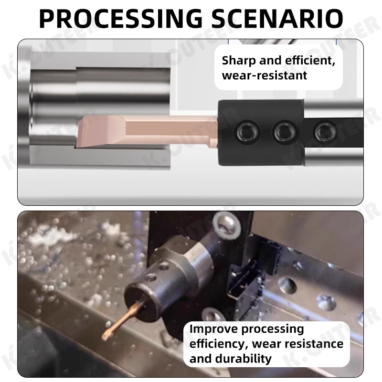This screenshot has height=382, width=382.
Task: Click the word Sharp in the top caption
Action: click(238, 61)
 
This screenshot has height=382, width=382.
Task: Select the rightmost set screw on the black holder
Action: click(325, 129)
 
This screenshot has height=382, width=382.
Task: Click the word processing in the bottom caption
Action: click(273, 329)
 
